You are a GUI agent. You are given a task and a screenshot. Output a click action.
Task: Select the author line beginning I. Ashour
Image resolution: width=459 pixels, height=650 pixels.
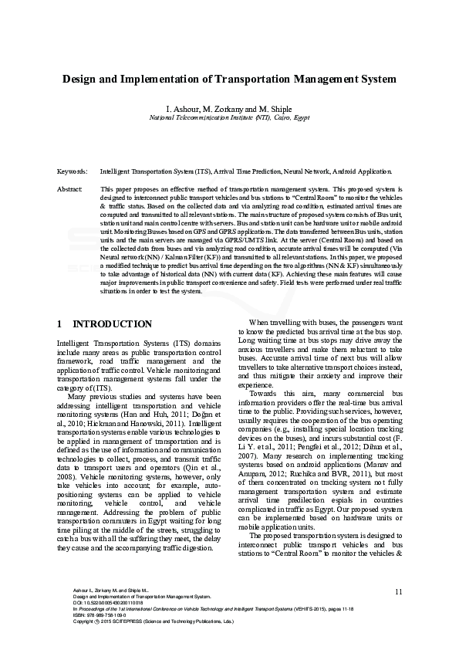229,109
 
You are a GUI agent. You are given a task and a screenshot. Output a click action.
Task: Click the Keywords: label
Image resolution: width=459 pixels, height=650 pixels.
73,171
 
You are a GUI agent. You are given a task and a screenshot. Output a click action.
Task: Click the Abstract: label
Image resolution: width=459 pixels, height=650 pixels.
70,188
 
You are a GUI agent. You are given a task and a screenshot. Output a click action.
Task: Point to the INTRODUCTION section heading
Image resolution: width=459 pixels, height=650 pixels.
112,323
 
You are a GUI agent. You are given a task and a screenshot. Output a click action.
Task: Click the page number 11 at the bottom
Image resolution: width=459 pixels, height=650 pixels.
398,591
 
